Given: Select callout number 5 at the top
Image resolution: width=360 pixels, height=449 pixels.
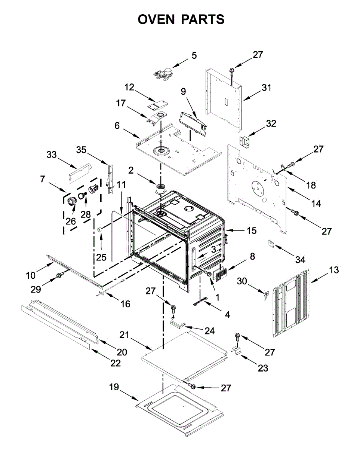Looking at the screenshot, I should coord(194,56).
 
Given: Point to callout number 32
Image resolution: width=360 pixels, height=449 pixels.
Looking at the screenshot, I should coord(271,123).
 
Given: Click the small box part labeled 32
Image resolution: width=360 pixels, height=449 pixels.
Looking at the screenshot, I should coord(244,143).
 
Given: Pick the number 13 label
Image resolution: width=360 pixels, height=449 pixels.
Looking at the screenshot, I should coord(334,270).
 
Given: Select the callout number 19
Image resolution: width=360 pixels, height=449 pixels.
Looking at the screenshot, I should coord(114,387).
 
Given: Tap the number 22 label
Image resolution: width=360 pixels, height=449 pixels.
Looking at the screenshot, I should coord(116,363).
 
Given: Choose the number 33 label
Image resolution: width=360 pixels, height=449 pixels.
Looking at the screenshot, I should coord(52,154).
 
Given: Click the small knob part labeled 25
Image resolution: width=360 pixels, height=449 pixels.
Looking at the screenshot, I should coord(100,229).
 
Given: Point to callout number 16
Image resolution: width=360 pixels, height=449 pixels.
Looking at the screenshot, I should coord(126,304).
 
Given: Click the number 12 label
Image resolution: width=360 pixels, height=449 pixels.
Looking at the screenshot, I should coord(129,87).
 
